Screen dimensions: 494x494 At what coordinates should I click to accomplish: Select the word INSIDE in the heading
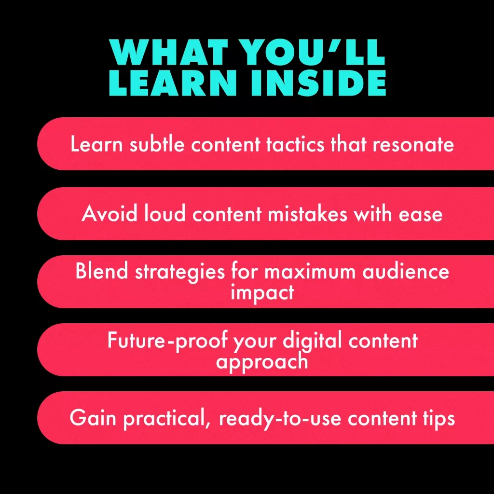[318, 82]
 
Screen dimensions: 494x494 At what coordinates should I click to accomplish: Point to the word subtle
[157, 144]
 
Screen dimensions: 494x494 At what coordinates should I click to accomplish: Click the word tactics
[295, 144]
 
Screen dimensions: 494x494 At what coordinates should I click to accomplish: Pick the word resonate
[413, 145]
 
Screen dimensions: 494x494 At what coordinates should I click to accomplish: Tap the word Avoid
[110, 214]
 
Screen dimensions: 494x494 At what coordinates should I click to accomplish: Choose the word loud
[165, 213]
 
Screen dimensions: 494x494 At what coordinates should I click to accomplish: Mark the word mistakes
[307, 214]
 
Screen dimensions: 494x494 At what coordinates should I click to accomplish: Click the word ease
[421, 215]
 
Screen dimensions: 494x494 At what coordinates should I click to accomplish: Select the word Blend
[102, 271]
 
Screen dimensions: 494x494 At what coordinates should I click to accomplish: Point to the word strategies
[180, 272]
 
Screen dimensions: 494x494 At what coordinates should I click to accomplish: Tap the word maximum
[310, 272]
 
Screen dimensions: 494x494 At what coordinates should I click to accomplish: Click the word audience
[406, 271]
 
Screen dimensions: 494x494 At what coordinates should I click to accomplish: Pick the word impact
[262, 293]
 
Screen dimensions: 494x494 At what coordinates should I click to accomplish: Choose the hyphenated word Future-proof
[167, 341]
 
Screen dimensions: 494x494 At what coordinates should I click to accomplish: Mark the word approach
[262, 362]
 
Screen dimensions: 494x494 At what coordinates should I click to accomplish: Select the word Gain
[93, 418]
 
